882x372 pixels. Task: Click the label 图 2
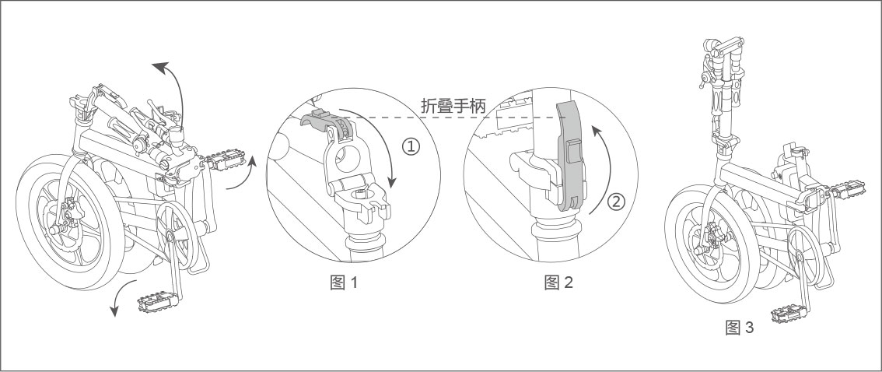click(558, 283)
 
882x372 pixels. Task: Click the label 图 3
click(739, 328)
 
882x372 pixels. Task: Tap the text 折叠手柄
click(453, 106)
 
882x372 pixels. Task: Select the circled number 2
click(615, 202)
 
